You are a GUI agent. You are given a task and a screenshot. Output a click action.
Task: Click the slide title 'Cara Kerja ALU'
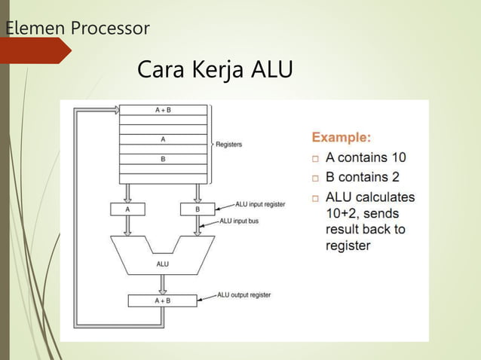click(215, 71)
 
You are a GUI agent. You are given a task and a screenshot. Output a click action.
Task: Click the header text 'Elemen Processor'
click(78, 29)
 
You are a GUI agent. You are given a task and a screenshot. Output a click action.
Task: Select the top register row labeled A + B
click(163, 110)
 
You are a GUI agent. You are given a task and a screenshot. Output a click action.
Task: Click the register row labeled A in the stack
click(163, 139)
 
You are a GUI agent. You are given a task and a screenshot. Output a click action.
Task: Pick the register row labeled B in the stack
click(163, 158)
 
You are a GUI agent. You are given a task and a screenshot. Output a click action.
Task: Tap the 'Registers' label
click(229, 144)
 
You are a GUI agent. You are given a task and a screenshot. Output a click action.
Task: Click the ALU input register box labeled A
click(127, 209)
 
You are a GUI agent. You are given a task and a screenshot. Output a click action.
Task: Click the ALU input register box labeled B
click(198, 209)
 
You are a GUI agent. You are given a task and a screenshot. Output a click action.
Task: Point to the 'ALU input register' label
click(260, 203)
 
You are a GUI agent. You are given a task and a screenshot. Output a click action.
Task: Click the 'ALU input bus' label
click(245, 221)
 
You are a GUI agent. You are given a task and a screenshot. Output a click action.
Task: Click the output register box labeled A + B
click(163, 300)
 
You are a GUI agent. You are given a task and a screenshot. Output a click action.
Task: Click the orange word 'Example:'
click(342, 138)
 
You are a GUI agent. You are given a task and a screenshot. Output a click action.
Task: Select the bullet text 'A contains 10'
click(366, 158)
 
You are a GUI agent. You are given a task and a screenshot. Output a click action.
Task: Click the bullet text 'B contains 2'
click(363, 178)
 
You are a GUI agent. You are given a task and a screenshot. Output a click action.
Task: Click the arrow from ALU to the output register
click(163, 283)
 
